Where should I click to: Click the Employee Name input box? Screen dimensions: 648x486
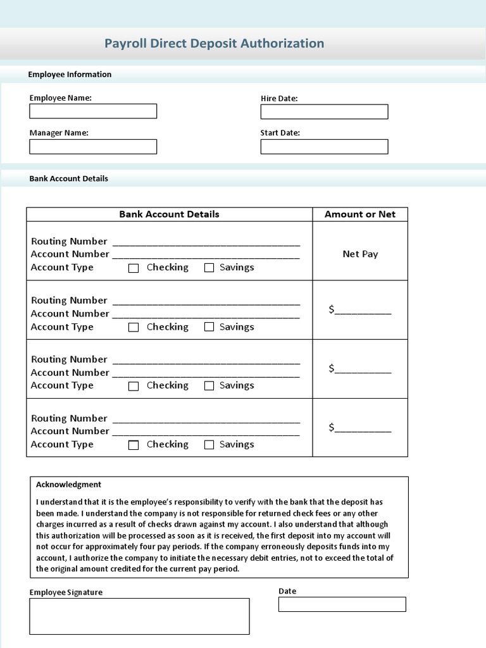(93, 111)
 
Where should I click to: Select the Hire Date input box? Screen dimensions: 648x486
(324, 112)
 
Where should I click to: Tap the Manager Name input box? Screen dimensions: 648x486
(93, 147)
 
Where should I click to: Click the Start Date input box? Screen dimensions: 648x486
(324, 147)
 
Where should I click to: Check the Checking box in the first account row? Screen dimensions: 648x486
(134, 268)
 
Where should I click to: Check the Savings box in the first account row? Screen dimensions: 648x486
(209, 268)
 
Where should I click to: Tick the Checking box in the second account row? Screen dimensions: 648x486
(134, 327)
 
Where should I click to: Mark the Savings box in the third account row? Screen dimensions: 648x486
(209, 386)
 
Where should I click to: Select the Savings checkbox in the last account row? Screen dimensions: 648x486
(209, 445)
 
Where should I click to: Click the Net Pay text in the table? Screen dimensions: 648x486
(360, 254)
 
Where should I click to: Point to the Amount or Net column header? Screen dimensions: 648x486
(360, 215)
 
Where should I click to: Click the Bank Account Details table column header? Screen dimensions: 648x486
(169, 215)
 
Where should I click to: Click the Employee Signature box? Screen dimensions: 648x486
(139, 616)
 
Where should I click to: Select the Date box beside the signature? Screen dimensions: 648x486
(342, 604)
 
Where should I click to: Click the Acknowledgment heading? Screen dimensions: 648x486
(68, 485)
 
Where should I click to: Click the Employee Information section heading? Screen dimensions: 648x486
(70, 75)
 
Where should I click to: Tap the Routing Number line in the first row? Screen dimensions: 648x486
(206, 242)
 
